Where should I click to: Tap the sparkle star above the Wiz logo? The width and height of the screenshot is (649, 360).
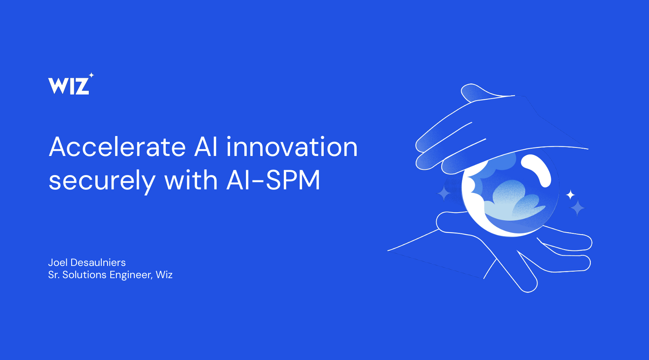[91, 75]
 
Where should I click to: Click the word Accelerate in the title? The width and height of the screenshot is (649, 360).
[117, 147]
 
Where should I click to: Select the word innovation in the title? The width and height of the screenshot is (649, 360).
[292, 147]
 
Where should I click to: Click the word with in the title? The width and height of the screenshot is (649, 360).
[191, 180]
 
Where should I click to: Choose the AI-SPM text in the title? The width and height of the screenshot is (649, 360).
[273, 180]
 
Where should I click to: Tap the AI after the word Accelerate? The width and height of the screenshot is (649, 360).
[206, 147]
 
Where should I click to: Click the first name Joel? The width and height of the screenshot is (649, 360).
[58, 262]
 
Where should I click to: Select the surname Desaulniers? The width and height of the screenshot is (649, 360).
[98, 262]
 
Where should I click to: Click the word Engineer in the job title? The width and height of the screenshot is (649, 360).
[131, 275]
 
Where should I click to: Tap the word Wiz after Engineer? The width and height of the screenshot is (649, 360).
[164, 274]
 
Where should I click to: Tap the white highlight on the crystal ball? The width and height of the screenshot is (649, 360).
[537, 169]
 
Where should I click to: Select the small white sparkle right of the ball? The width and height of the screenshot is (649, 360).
[570, 195]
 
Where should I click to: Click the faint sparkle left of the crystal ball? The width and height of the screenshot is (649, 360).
[443, 193]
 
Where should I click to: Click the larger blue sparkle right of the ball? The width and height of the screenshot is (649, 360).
[578, 208]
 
